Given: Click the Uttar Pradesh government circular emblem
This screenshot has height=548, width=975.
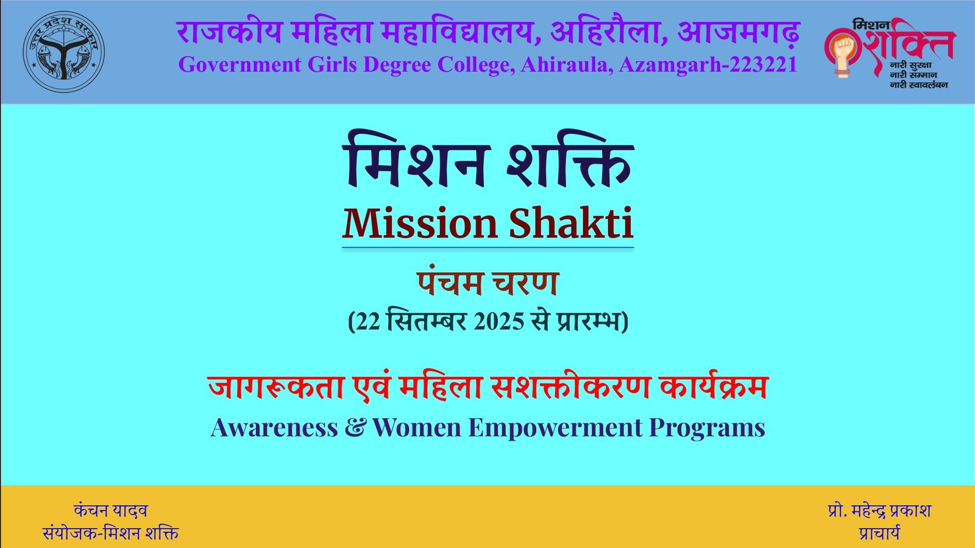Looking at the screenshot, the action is point(63,51).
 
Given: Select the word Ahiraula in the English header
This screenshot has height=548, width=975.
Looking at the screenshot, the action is point(567,65).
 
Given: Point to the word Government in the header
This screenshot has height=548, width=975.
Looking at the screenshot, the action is point(239,65).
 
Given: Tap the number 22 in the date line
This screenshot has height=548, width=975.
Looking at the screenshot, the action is point(369,322).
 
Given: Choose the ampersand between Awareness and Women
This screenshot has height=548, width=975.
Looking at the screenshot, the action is point(355,427).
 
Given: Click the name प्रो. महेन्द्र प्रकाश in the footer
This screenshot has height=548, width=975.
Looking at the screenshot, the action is point(879,511).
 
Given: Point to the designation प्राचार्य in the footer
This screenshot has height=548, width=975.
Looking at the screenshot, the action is point(879,533).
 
